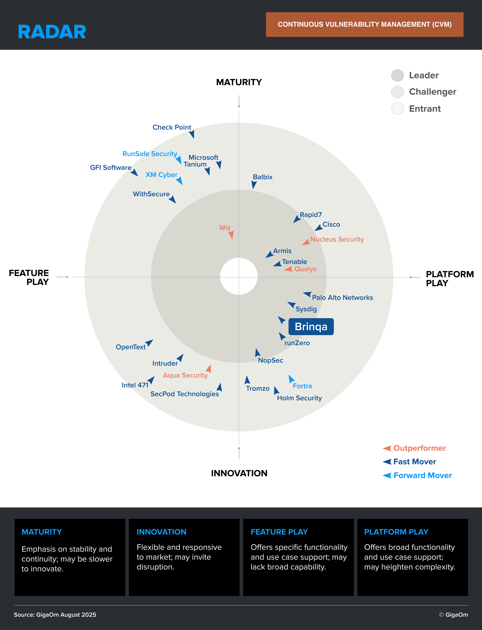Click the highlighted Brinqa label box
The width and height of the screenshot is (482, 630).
point(311,327)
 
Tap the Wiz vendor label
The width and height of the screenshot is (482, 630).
point(225,228)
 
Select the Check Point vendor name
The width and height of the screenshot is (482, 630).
point(172,127)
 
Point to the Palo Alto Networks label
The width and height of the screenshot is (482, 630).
point(342,298)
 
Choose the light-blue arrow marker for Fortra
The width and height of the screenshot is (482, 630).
point(291,379)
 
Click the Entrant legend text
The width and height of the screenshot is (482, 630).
point(425,109)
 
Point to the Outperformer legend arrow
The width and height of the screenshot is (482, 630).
point(387,448)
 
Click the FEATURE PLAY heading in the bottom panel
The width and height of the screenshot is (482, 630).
point(279,532)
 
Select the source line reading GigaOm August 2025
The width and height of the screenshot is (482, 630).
point(55,615)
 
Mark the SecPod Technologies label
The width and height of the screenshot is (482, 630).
point(185,394)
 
